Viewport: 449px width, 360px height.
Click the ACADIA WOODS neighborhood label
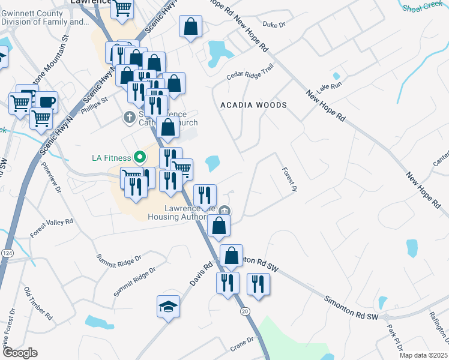(x=253, y=105)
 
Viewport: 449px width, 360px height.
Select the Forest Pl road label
(x=290, y=179)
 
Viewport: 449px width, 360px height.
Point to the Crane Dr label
(x=243, y=344)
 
